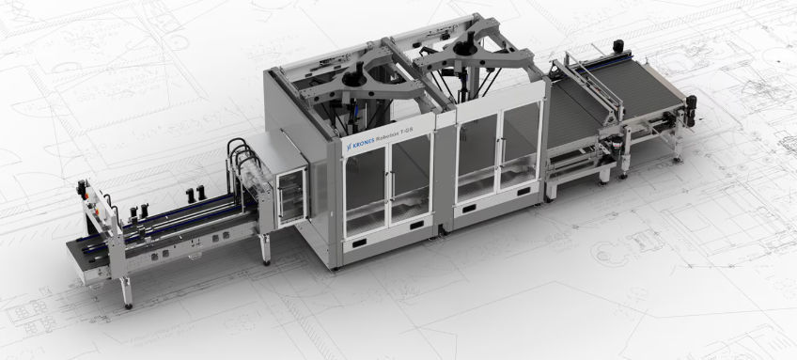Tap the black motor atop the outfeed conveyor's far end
point(618,45)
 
